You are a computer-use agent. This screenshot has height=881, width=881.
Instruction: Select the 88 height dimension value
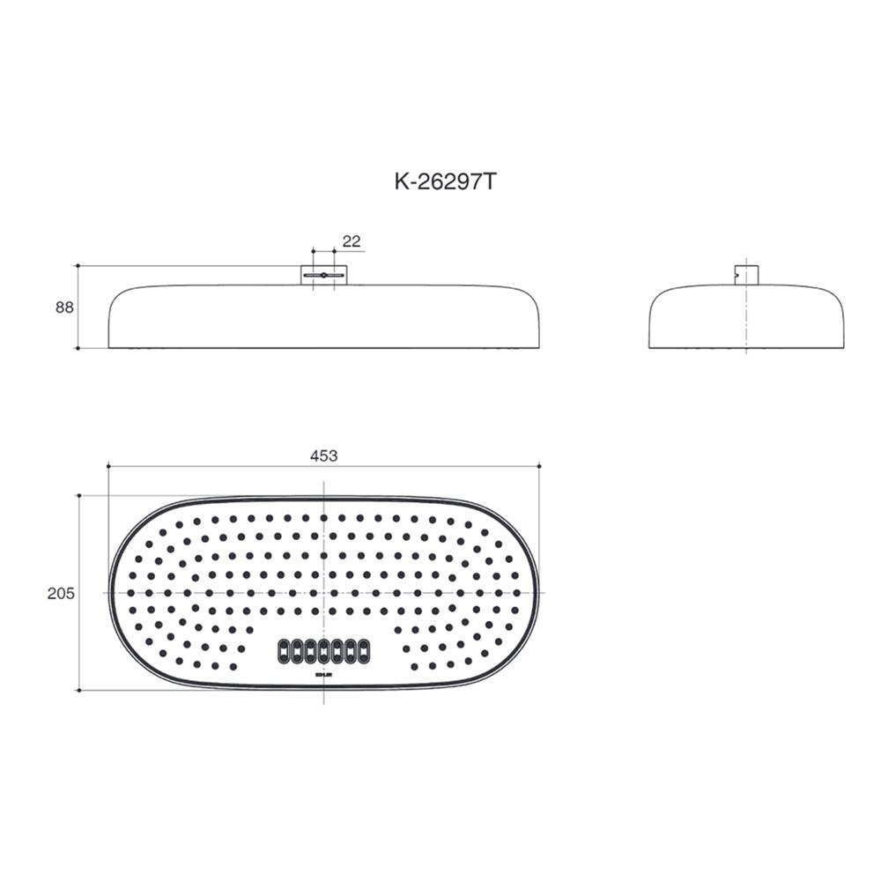(x=63, y=307)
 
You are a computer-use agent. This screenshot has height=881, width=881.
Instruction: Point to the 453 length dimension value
(x=323, y=455)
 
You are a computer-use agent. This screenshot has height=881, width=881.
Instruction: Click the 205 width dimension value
(x=61, y=594)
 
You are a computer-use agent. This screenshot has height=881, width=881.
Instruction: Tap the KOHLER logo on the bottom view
(x=323, y=676)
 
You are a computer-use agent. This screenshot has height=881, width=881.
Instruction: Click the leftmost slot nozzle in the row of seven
(x=284, y=651)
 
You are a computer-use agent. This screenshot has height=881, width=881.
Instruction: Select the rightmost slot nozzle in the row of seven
(x=363, y=651)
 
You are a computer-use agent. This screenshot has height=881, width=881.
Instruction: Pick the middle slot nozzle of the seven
(x=323, y=651)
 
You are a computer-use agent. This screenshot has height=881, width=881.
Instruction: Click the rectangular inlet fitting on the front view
(x=323, y=275)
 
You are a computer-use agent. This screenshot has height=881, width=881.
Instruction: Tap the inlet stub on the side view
(x=746, y=274)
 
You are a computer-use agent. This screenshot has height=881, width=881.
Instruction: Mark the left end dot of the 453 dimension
(x=107, y=465)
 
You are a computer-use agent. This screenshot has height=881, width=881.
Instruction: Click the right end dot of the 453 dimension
(x=539, y=465)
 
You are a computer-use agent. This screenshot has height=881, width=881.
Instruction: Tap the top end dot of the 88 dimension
(x=78, y=265)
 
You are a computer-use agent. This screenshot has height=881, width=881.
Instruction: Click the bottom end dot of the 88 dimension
(x=78, y=348)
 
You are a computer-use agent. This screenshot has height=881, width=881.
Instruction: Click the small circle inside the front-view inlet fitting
(x=323, y=276)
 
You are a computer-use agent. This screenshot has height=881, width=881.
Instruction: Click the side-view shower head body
(x=746, y=317)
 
